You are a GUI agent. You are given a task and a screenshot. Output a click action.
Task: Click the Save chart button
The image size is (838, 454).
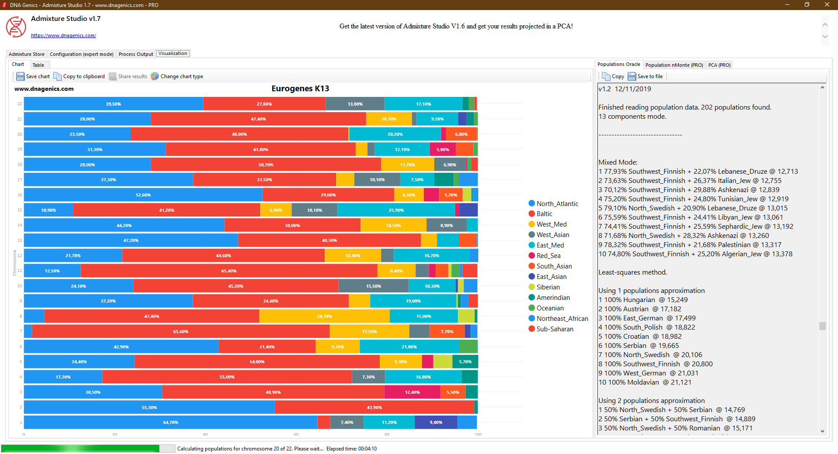pyautogui.click(x=33, y=76)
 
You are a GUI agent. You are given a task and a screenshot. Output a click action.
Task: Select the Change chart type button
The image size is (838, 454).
pyautogui.click(x=177, y=76)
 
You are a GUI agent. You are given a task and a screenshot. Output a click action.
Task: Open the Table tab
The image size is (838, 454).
pyautogui.click(x=38, y=65)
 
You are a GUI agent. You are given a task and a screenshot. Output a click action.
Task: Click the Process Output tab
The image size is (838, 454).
pyautogui.click(x=136, y=54)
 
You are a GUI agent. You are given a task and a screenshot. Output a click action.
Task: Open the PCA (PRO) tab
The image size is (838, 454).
pyautogui.click(x=719, y=65)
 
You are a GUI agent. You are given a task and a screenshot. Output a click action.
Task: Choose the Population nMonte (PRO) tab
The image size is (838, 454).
pyautogui.click(x=674, y=65)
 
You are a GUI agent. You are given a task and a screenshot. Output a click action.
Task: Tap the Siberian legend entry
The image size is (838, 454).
pyautogui.click(x=548, y=287)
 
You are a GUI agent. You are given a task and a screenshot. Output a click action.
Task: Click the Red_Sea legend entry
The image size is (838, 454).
pyautogui.click(x=548, y=256)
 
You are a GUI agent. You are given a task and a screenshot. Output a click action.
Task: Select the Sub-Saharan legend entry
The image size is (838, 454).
pyautogui.click(x=554, y=329)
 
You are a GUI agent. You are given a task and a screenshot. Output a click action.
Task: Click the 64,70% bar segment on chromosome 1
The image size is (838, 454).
pyautogui.click(x=170, y=423)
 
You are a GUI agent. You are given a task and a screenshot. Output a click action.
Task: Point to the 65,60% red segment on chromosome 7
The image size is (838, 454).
pyautogui.click(x=181, y=332)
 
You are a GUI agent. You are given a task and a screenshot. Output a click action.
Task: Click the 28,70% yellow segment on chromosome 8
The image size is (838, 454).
pyautogui.click(x=324, y=316)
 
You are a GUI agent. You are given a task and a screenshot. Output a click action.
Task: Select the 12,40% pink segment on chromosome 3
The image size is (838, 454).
pyautogui.click(x=412, y=392)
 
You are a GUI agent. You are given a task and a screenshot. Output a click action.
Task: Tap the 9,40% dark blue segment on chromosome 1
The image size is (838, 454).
pyautogui.click(x=436, y=423)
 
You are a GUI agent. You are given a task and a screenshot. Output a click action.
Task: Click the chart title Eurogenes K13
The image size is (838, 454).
pyautogui.click(x=300, y=89)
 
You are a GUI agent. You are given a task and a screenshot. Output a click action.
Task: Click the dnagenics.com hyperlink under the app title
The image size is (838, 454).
pyautogui.click(x=63, y=36)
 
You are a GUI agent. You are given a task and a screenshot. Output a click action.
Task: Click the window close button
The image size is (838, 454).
pyautogui.click(x=827, y=5)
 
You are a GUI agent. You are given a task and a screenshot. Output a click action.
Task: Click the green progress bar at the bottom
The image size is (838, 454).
pyautogui.click(x=81, y=448)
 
